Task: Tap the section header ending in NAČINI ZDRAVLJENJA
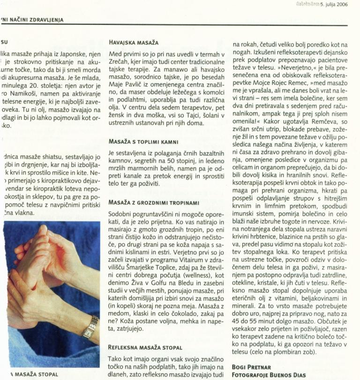tap(33, 20)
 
